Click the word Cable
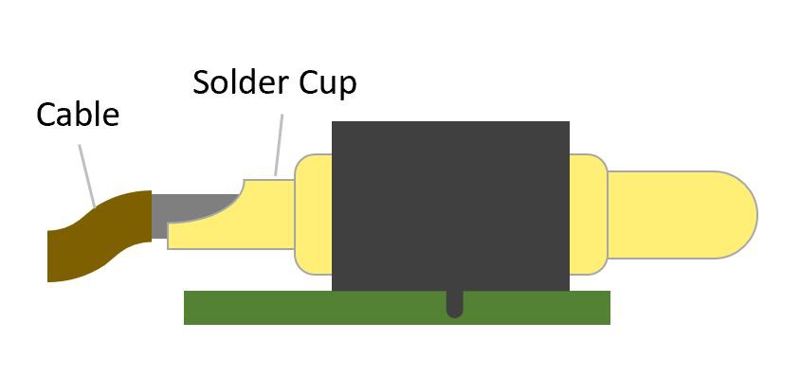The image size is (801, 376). [78, 115]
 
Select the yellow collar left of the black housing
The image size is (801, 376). [314, 214]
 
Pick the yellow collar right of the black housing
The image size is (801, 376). [588, 212]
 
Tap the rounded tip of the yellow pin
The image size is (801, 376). [739, 214]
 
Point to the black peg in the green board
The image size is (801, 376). [454, 304]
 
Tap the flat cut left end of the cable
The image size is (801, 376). [49, 256]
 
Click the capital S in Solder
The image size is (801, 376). [202, 82]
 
